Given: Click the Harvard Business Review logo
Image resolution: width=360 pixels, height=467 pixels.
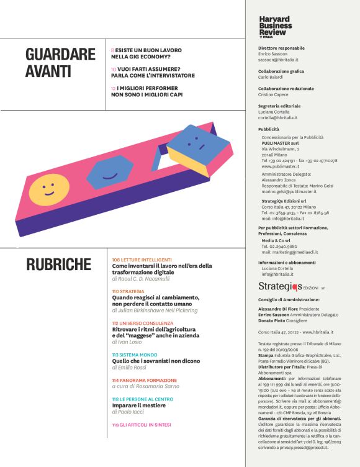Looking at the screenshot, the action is click(x=275, y=27).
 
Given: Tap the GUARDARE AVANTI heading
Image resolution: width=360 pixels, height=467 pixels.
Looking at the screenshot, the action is click(x=61, y=63).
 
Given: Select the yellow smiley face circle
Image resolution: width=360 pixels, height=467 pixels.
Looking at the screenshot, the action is click(x=49, y=189).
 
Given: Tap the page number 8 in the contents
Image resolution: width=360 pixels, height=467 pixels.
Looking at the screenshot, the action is click(x=112, y=48).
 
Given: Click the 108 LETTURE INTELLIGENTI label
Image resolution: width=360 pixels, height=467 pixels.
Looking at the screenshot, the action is click(x=142, y=259).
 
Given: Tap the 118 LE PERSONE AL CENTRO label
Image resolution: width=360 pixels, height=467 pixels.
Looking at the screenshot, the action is click(x=142, y=399).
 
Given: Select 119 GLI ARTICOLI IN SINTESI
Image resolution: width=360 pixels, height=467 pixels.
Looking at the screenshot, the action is click(x=141, y=425).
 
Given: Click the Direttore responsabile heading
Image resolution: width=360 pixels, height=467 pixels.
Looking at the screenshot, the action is click(x=281, y=48).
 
